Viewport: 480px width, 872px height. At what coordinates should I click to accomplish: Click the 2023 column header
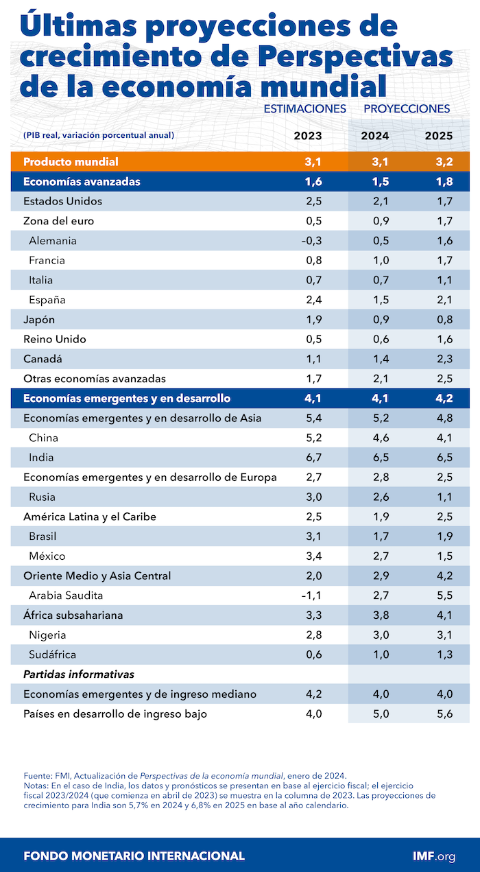pos(308,136)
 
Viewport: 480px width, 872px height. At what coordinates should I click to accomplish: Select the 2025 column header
pos(438,136)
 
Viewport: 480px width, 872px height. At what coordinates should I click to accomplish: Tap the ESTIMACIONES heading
pos(304,108)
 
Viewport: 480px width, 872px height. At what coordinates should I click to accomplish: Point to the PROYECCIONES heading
pos(407,108)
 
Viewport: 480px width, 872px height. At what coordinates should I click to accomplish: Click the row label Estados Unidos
pos(62,201)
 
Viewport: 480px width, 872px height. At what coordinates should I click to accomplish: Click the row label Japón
pos(39,320)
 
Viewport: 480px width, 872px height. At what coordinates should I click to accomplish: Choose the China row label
pos(43,438)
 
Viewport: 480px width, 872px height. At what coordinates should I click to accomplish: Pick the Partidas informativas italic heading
pos(78,674)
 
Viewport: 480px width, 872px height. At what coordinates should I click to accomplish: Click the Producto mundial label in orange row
pos(71,162)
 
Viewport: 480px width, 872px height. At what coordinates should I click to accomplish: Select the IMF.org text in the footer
pos(434,856)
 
